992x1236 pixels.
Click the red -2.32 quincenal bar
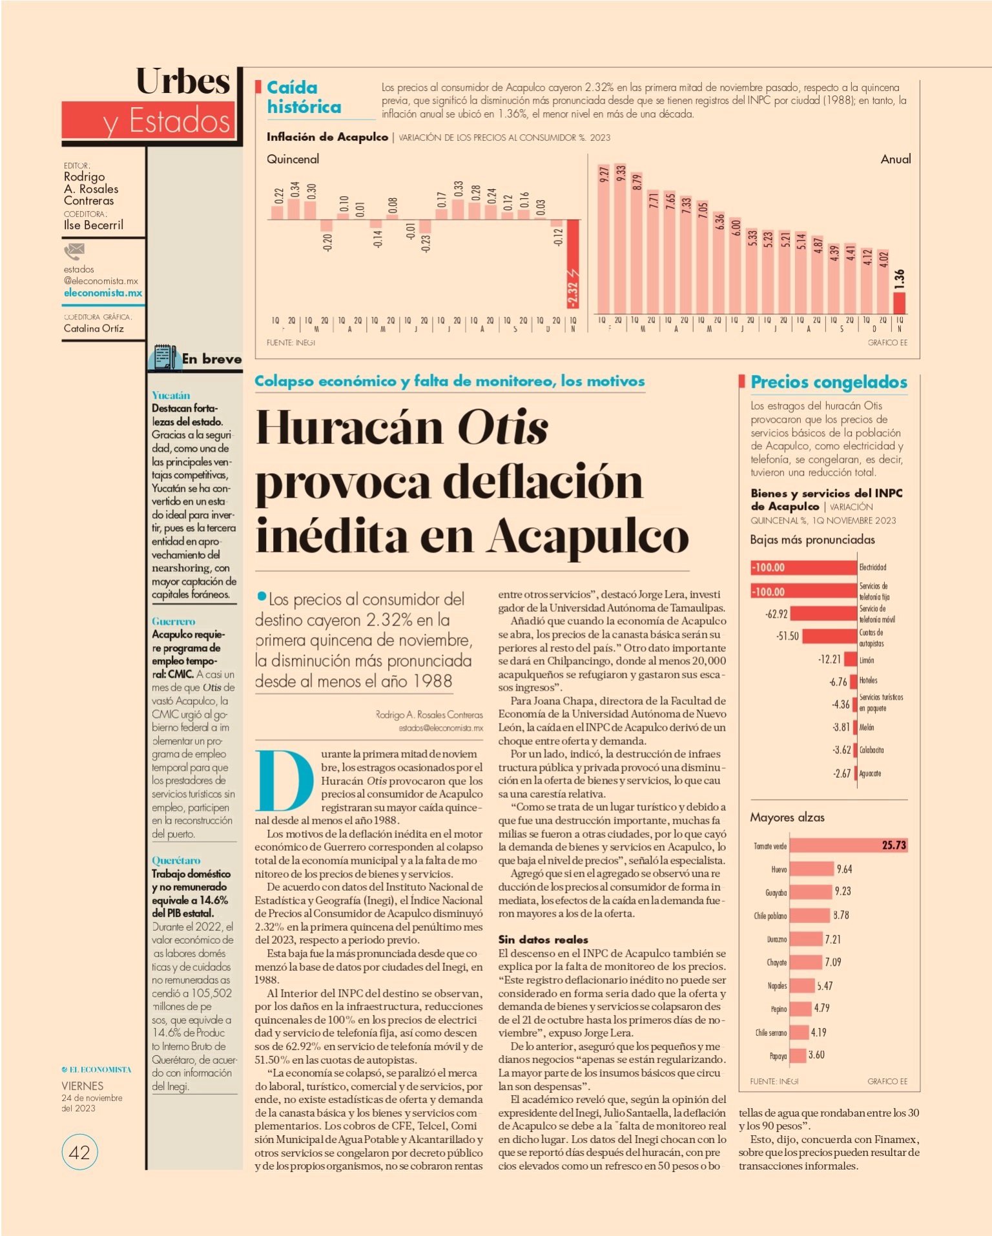(x=573, y=266)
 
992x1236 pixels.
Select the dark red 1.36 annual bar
(x=899, y=303)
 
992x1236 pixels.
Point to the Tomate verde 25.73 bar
(x=849, y=845)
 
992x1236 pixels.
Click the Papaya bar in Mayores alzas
(x=798, y=1055)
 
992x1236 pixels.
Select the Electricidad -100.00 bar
(x=803, y=567)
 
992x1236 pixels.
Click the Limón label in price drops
(x=867, y=660)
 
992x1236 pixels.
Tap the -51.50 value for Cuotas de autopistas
(x=787, y=636)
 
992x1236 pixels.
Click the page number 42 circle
(x=79, y=1152)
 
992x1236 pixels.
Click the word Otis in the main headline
(x=502, y=428)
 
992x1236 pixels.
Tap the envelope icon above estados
(x=74, y=250)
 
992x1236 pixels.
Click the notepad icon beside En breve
(x=165, y=357)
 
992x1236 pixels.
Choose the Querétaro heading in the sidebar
(x=176, y=860)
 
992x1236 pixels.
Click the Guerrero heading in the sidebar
(x=173, y=621)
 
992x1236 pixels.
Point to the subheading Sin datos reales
(x=543, y=939)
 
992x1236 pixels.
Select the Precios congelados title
(x=829, y=382)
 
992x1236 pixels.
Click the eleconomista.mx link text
(x=103, y=292)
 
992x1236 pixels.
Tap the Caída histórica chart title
(x=304, y=97)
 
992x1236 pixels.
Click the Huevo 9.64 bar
(x=812, y=869)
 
